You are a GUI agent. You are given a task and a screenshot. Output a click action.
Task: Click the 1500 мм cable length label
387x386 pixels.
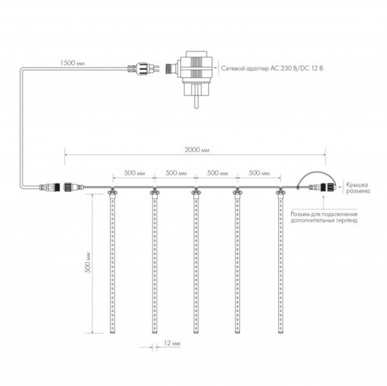pos(72,63)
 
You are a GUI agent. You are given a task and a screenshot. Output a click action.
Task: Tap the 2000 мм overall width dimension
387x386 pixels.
pos(197,150)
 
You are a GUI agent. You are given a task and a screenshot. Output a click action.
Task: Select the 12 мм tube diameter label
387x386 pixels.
pos(172,343)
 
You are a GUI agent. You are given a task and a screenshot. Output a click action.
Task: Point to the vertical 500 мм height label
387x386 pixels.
pos(88,262)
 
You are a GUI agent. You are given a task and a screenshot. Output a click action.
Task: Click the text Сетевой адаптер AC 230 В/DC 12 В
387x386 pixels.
pos(272,68)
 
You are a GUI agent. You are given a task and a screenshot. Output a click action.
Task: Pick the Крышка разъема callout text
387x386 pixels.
pos(358,188)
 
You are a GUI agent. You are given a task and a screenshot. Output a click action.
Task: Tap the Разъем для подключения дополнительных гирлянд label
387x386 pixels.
pos(324,217)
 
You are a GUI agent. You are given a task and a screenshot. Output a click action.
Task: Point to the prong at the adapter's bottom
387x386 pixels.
pos(196,102)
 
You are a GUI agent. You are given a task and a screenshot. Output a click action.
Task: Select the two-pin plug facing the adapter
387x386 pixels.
pos(144,68)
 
